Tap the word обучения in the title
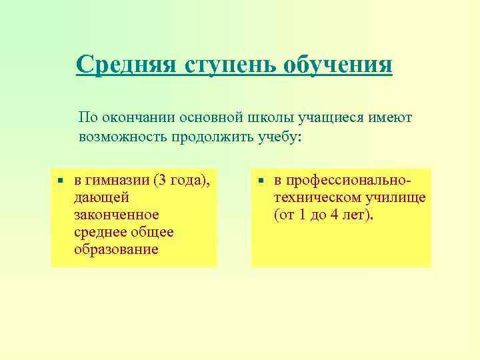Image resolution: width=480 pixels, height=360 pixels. pos(338,65)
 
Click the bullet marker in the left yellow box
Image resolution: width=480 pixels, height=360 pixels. pos(60,181)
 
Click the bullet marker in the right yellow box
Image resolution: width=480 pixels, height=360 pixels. pos(261,181)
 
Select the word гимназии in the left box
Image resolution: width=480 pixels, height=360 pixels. pos(119,181)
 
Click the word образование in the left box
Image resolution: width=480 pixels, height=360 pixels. pos(116,249)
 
